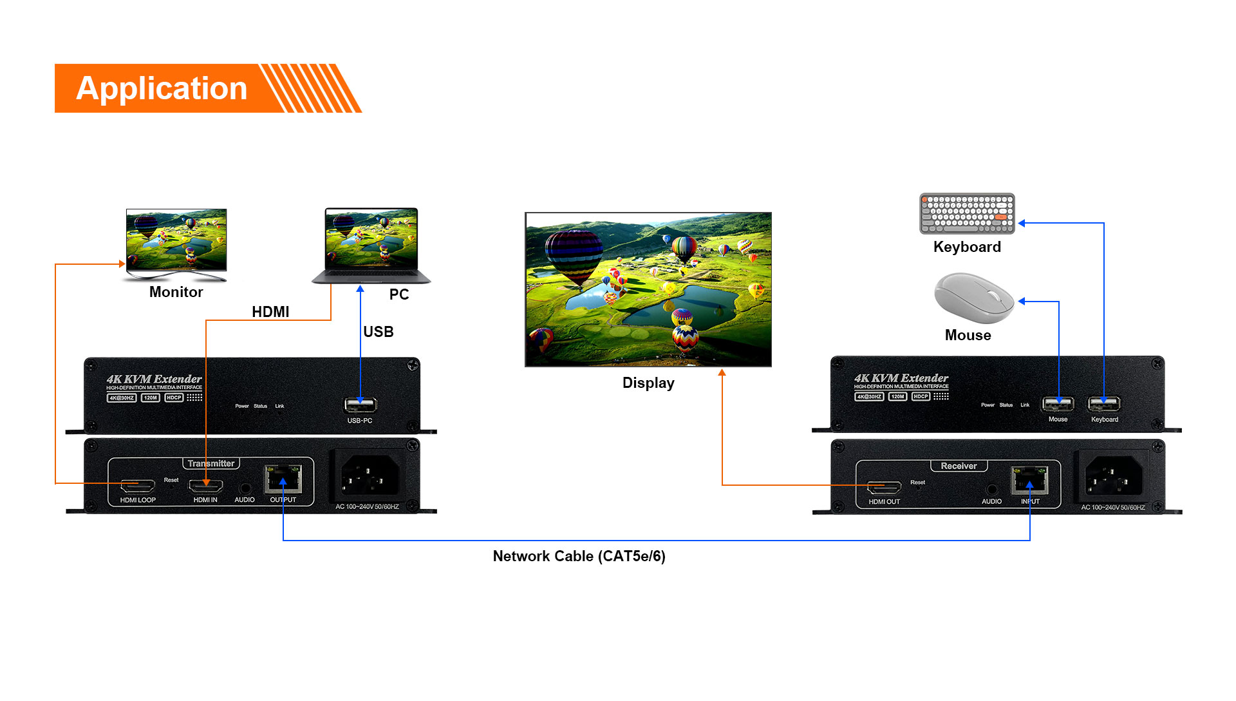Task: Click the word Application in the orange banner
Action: (x=162, y=88)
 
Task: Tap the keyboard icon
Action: (x=967, y=213)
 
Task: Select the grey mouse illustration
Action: (x=973, y=298)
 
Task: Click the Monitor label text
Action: (x=176, y=292)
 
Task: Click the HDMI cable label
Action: (x=270, y=312)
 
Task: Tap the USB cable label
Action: (x=379, y=332)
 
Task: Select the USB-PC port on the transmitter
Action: (x=360, y=405)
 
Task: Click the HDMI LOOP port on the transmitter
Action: (x=138, y=485)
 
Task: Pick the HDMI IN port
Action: (x=206, y=486)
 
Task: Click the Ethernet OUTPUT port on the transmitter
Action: (x=283, y=479)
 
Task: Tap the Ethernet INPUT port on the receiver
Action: (x=1029, y=481)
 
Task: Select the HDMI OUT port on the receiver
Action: (x=884, y=487)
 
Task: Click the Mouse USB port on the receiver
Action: (x=1058, y=404)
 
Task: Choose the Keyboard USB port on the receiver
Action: (x=1104, y=404)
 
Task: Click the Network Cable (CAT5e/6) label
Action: (x=579, y=556)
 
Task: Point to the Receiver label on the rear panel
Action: (x=959, y=466)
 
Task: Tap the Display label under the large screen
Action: (x=648, y=383)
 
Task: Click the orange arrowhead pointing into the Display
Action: (x=722, y=372)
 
